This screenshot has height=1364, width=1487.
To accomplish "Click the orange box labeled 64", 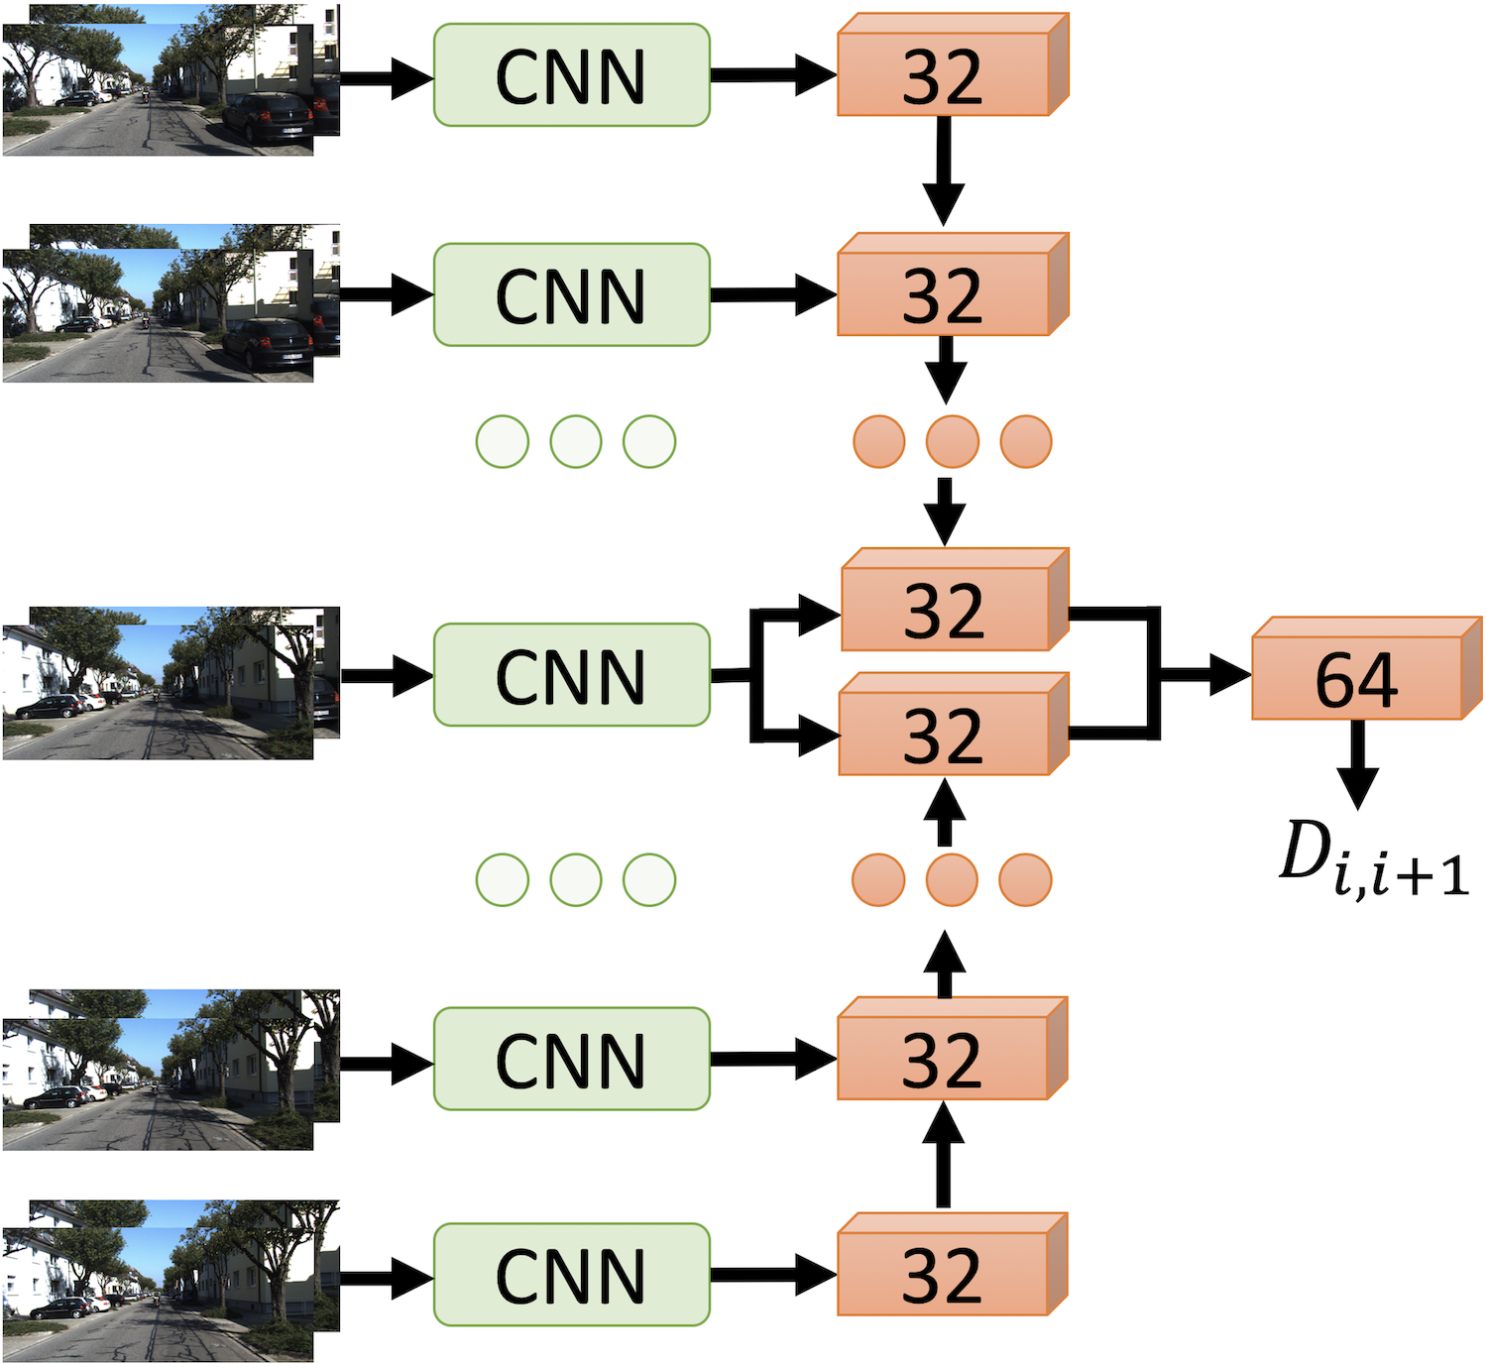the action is click(x=1366, y=668).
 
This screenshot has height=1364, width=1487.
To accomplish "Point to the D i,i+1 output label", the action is click(x=1374, y=858).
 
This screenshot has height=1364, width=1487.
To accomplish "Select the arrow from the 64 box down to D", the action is click(x=1357, y=763).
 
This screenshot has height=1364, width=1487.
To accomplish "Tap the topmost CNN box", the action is click(x=572, y=75).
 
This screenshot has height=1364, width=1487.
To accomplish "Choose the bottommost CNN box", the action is click(x=572, y=1275).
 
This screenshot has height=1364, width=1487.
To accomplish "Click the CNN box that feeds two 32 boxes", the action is click(x=572, y=675).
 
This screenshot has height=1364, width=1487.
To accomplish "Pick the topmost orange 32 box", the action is click(x=953, y=64).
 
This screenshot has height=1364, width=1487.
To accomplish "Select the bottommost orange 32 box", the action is click(x=952, y=1264).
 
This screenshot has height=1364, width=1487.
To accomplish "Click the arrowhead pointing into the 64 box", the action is click(x=1230, y=675).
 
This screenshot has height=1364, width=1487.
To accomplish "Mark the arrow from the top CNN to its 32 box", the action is click(x=774, y=75).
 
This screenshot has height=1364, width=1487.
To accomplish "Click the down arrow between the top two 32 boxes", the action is click(x=944, y=170).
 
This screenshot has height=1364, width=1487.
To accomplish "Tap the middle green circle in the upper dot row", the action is click(x=576, y=442).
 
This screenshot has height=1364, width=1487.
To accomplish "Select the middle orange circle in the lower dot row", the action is click(x=952, y=880).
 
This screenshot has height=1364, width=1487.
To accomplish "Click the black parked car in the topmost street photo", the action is click(x=268, y=119).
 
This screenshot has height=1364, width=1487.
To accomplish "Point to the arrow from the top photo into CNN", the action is click(x=387, y=78).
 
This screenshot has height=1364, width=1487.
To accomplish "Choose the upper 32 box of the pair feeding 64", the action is click(x=956, y=599).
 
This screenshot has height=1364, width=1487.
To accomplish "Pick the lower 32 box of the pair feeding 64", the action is click(x=954, y=724).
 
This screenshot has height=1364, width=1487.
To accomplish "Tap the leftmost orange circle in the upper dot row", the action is click(x=879, y=442).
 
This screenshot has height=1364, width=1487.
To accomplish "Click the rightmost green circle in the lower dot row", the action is click(x=649, y=880).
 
